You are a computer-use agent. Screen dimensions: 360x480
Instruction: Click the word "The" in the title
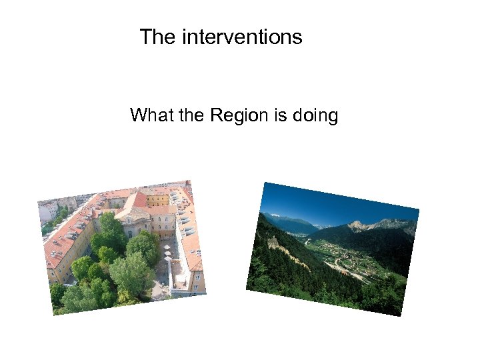click(157, 37)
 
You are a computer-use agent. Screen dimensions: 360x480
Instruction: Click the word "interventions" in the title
click(241, 37)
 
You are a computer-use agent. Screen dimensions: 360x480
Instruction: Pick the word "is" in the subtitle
click(279, 116)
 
